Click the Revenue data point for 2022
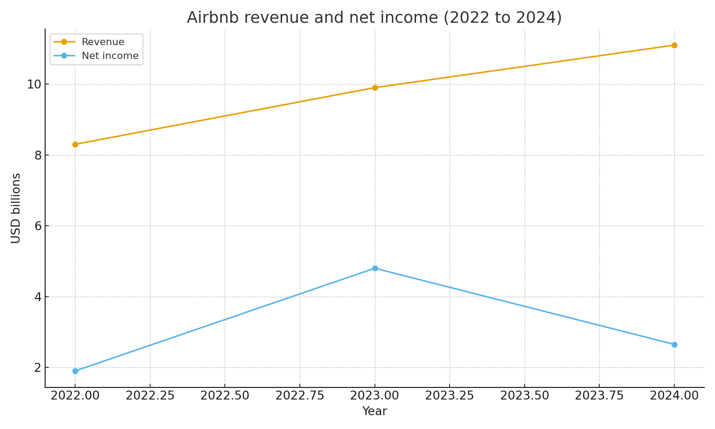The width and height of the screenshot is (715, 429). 75,144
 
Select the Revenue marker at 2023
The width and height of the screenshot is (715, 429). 375,88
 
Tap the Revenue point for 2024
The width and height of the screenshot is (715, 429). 674,45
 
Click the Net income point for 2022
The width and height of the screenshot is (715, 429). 75,371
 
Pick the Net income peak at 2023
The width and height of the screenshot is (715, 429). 375,268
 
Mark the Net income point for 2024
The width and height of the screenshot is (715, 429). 674,345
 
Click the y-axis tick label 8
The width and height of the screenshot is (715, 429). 38,155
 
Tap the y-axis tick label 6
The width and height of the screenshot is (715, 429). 38,226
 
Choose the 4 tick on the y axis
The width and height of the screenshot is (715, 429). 38,297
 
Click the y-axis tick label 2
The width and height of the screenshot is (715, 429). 38,368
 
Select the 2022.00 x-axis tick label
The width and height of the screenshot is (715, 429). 75,395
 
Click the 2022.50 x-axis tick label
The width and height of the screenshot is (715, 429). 225,395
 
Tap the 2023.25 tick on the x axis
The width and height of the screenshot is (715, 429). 450,395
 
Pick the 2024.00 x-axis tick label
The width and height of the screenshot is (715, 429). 674,395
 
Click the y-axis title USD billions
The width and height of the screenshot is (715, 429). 16,208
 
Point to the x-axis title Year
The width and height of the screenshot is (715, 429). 374,411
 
